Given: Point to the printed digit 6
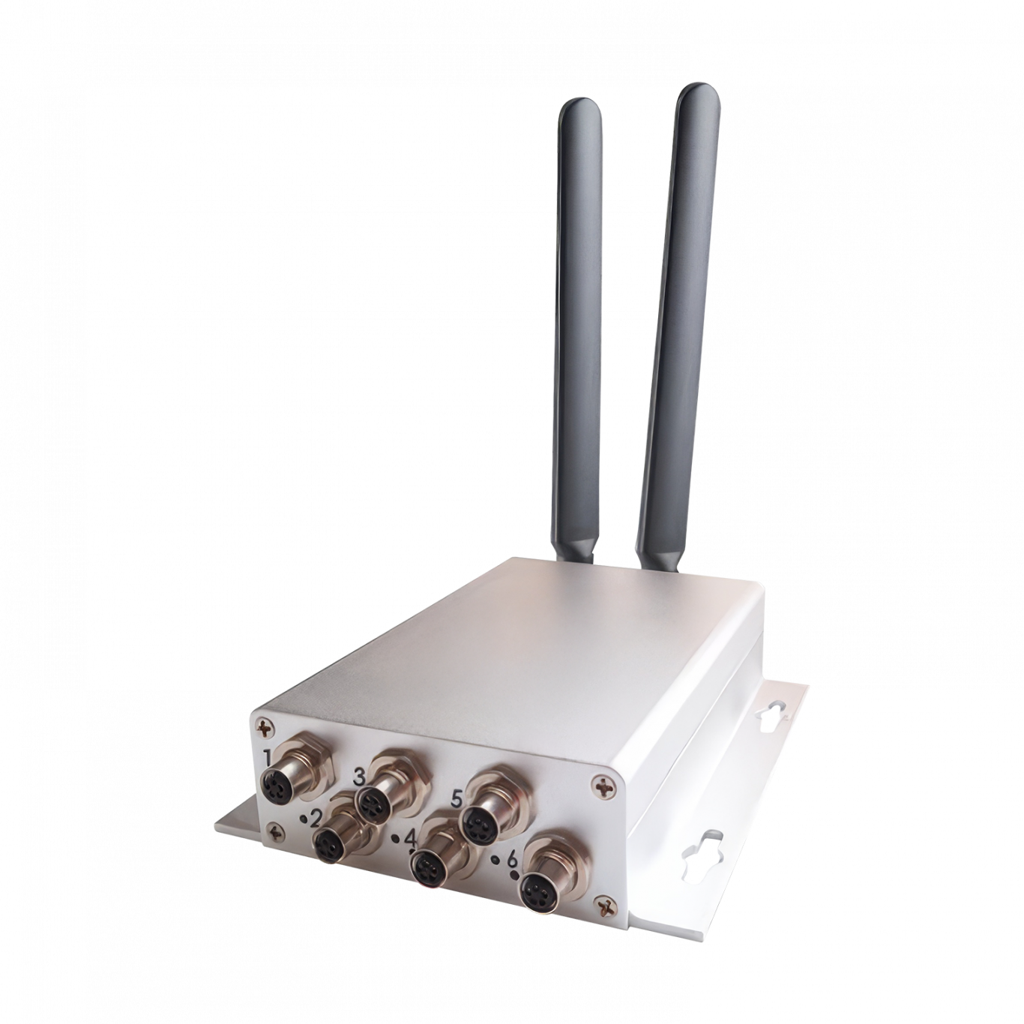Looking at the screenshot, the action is [x=513, y=858].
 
